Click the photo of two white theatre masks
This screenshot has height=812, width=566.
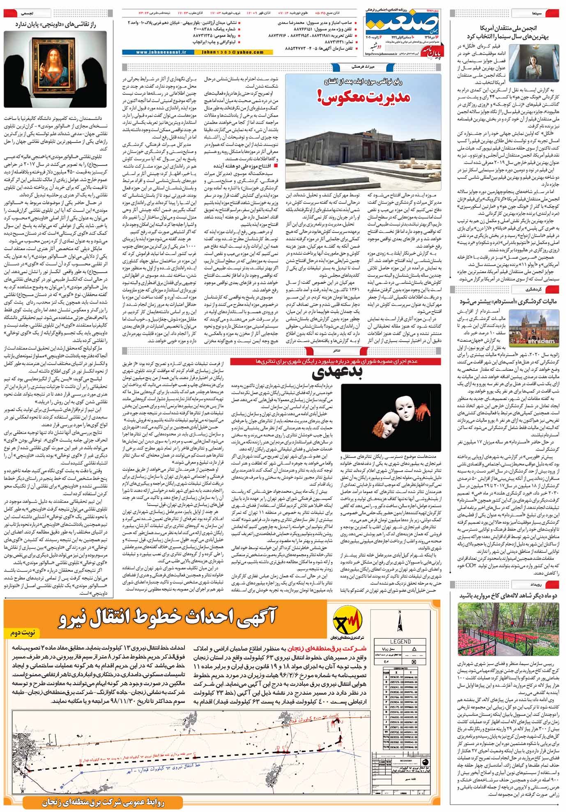(x=391, y=417)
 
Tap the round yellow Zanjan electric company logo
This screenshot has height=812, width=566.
(x=348, y=619)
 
